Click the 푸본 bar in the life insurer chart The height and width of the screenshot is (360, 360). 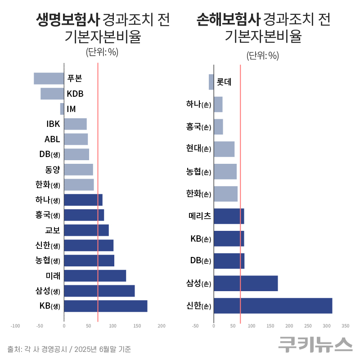tap(49, 78)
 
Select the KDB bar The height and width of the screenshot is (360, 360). tap(52, 94)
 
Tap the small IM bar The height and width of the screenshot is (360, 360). tap(62, 109)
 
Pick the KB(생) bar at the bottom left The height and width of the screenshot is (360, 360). tap(105, 306)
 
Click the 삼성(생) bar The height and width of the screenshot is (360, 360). tap(99, 291)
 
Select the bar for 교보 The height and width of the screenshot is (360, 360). tap(86, 230)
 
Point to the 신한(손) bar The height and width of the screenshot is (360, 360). tap(273, 306)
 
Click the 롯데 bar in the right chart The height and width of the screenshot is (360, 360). tap(211, 82)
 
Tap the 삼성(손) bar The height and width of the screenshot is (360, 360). tap(246, 283)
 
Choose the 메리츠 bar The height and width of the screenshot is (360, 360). tap(229, 216)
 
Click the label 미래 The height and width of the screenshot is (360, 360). tap(53, 275)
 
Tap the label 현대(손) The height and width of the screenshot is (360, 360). tap(198, 148)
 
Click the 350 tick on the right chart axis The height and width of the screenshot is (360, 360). tap(345, 326)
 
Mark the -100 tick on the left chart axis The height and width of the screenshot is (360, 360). tap(15, 326)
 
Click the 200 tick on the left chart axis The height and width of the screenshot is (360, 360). tap(162, 326)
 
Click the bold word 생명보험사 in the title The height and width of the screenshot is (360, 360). tap(67, 20)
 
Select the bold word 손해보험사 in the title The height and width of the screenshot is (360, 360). tap(228, 20)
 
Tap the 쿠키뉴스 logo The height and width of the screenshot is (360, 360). tap(315, 344)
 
